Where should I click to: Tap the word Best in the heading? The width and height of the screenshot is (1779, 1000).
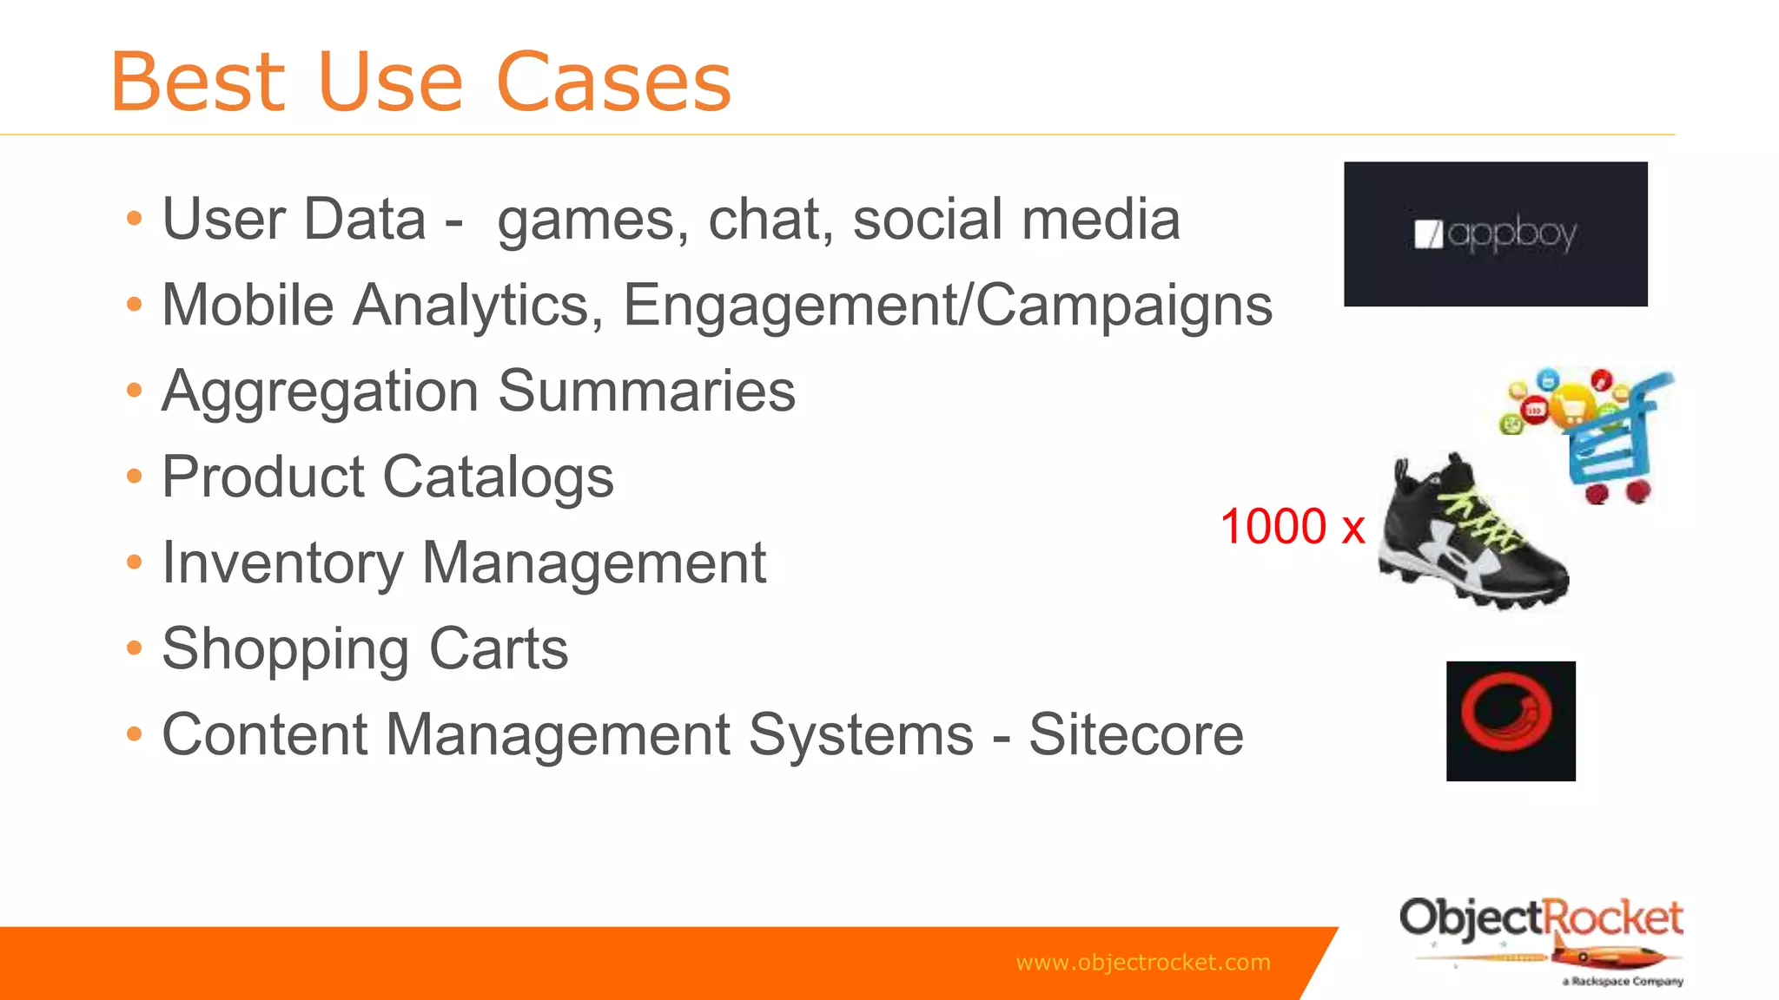(198, 82)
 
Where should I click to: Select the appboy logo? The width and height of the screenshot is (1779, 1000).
(1495, 234)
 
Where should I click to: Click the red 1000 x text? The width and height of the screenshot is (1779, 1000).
(1292, 526)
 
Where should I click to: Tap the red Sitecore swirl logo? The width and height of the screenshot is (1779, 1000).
(1510, 720)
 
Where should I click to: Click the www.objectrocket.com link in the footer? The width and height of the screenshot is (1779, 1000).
(1142, 962)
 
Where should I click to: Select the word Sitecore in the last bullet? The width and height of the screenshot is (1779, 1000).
(1135, 734)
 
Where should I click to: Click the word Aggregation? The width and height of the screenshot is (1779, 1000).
(321, 392)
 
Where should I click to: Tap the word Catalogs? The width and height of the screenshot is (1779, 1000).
(498, 477)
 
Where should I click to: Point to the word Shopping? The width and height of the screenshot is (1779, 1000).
(286, 649)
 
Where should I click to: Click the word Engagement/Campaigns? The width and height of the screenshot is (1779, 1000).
(947, 306)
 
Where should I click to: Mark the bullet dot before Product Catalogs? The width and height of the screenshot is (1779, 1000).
(134, 476)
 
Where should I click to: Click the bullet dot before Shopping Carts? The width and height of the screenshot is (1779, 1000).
(134, 648)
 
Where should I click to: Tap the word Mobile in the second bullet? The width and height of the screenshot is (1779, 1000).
(248, 306)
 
